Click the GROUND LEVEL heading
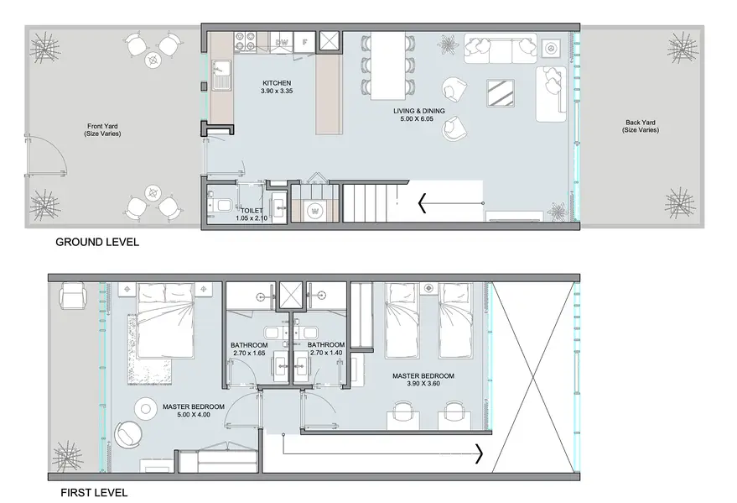97,243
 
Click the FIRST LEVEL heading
94,493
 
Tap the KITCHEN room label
277,83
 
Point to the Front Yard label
102,130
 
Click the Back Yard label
641,126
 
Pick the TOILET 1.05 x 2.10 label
252,215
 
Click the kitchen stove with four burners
246,40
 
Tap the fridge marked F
304,41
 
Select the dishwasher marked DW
282,42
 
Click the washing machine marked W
314,211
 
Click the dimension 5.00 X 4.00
194,415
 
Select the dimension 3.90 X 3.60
423,384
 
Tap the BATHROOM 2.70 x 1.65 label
249,348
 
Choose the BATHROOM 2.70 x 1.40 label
326,348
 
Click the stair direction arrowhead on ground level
422,203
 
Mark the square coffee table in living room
500,93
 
